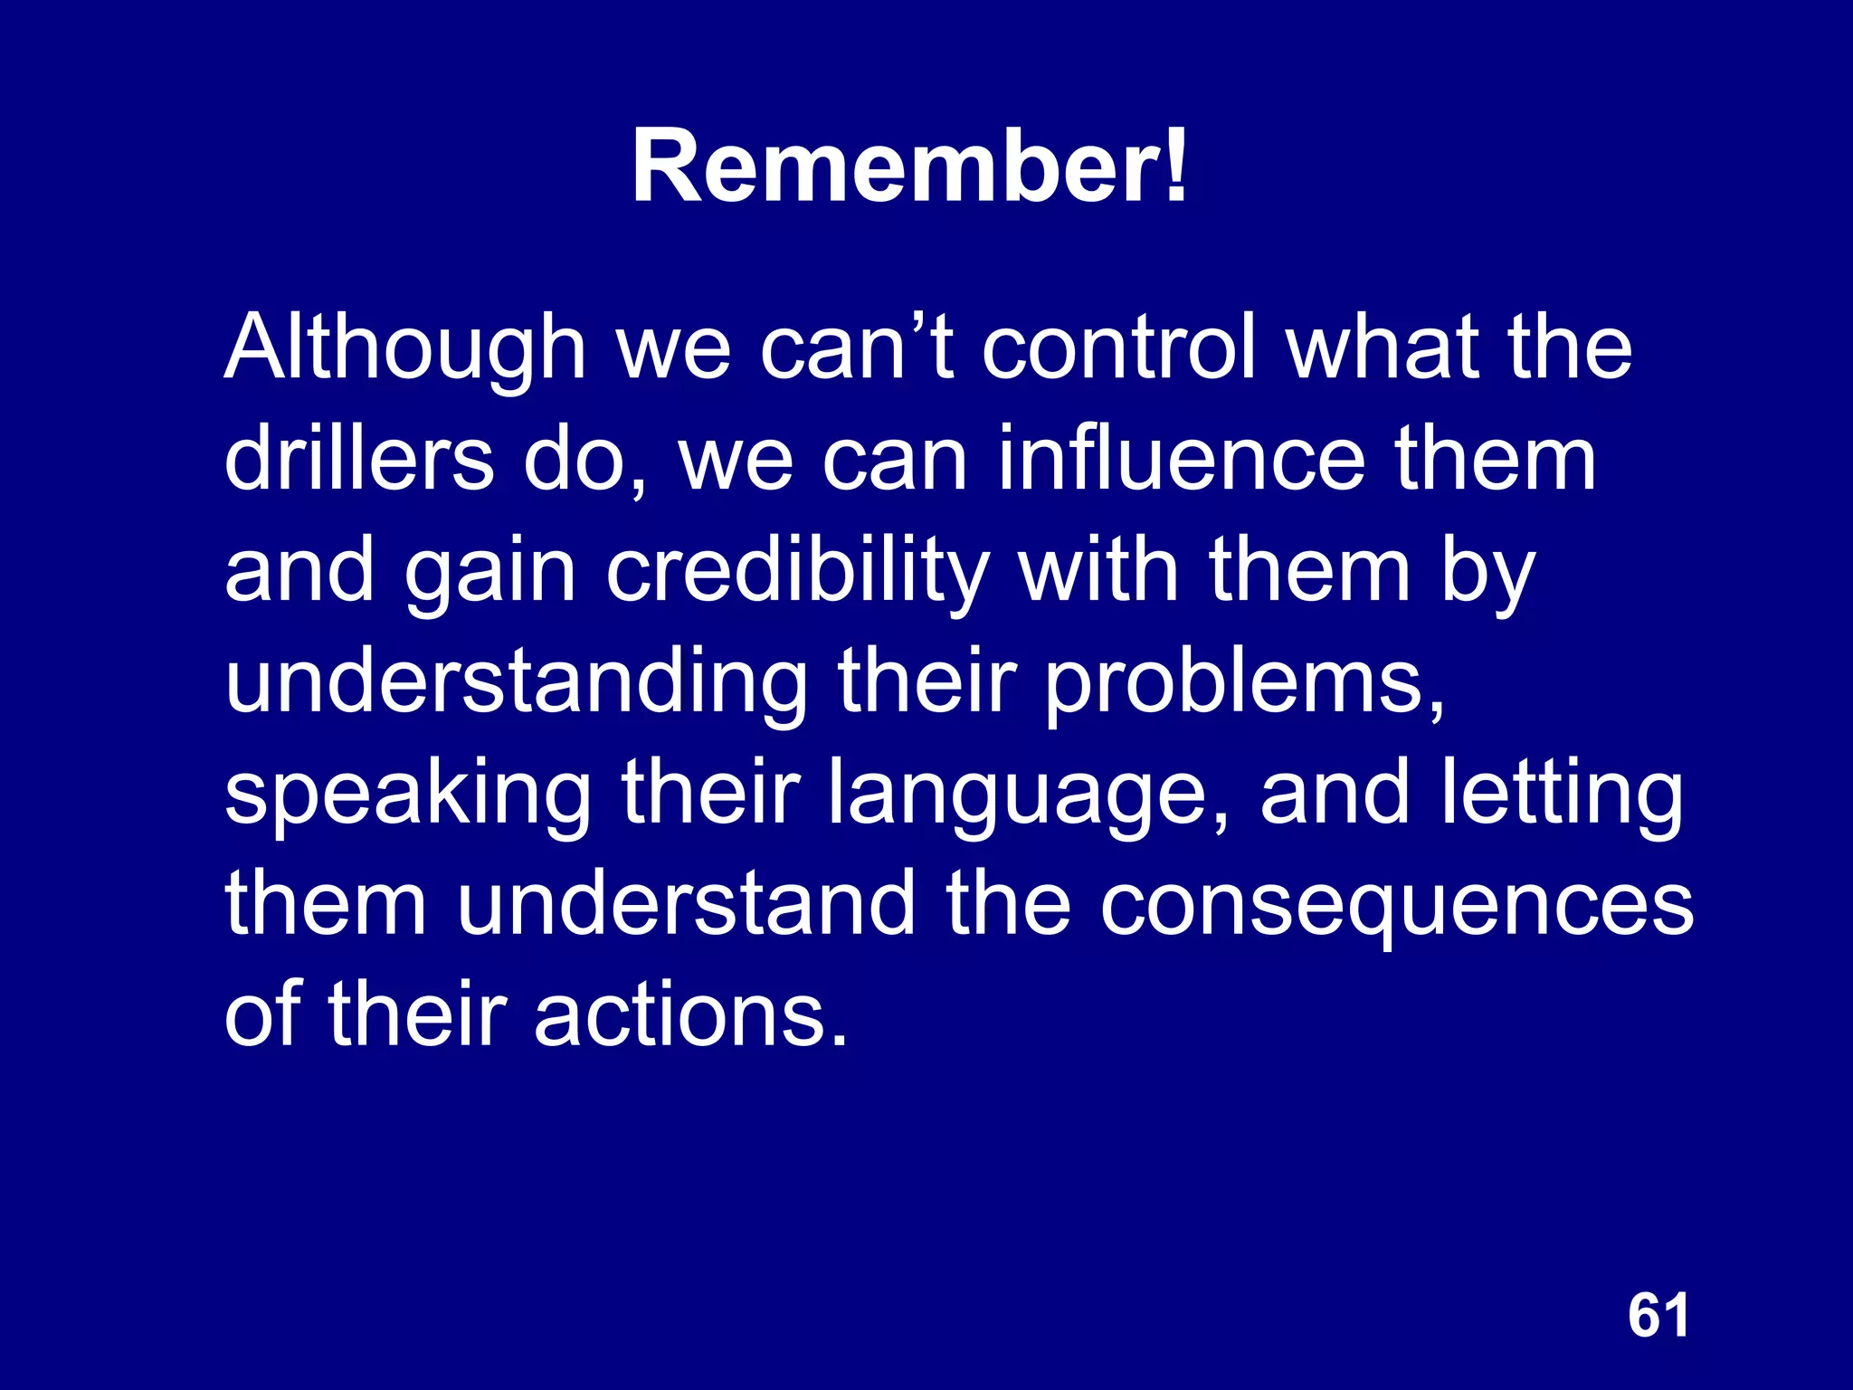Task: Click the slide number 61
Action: pyautogui.click(x=1658, y=1315)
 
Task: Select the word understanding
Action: pyautogui.click(x=516, y=683)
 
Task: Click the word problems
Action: pyautogui.click(x=1245, y=683)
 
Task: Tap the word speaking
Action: pyautogui.click(x=407, y=795)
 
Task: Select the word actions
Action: pyautogui.click(x=690, y=1015)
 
